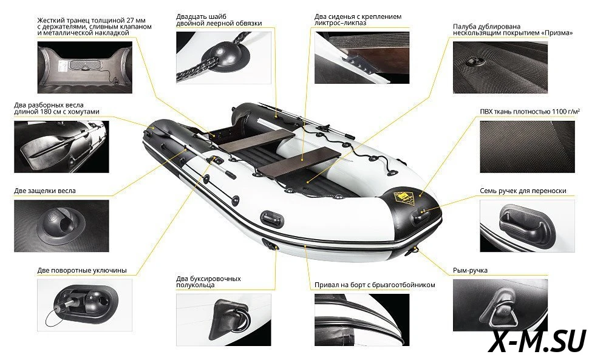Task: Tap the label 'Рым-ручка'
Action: [x=470, y=270]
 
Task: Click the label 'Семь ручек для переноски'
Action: [x=523, y=191]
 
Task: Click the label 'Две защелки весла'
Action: [x=45, y=191]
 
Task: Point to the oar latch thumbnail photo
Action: [x=61, y=226]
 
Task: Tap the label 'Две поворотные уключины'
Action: [x=82, y=270]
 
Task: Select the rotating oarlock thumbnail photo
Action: [x=85, y=305]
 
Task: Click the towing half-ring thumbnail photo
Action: [x=223, y=320]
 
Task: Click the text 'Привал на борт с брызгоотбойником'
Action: [x=375, y=285]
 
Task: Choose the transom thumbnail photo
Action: [x=85, y=67]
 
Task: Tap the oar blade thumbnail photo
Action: [x=61, y=146]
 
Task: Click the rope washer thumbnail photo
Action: [x=223, y=58]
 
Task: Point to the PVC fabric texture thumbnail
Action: [x=527, y=147]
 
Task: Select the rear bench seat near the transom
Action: [x=256, y=140]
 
